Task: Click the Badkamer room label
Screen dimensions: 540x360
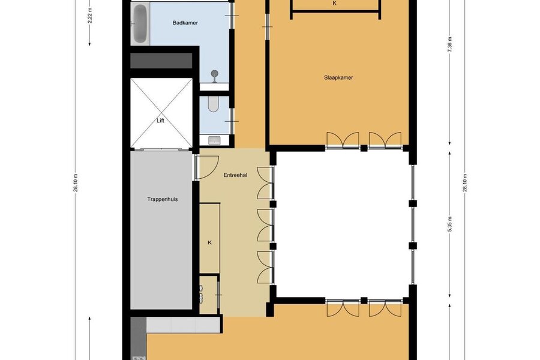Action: [185, 23]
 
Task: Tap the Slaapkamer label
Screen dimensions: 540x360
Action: [338, 77]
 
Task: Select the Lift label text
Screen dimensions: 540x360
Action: [160, 121]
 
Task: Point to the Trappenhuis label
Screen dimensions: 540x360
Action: [162, 199]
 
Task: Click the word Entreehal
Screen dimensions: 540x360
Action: [235, 175]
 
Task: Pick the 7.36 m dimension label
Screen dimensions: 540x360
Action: [450, 44]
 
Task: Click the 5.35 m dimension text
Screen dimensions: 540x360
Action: [450, 224]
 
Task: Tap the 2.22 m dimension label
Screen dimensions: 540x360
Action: [90, 15]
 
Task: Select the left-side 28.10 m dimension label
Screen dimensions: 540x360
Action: [76, 183]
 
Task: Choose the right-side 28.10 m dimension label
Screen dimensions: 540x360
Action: [464, 183]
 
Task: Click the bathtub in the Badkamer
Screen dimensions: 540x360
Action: [140, 24]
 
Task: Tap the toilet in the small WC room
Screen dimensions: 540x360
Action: [213, 104]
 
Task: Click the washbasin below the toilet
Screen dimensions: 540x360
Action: [215, 140]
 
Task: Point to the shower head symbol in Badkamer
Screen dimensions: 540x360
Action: [215, 73]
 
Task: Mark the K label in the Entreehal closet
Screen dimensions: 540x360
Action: [209, 242]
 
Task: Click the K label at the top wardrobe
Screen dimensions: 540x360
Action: [334, 4]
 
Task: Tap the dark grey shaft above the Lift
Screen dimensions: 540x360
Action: [161, 61]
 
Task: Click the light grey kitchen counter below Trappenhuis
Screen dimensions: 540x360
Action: [183, 325]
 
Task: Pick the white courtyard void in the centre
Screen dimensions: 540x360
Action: [343, 224]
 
